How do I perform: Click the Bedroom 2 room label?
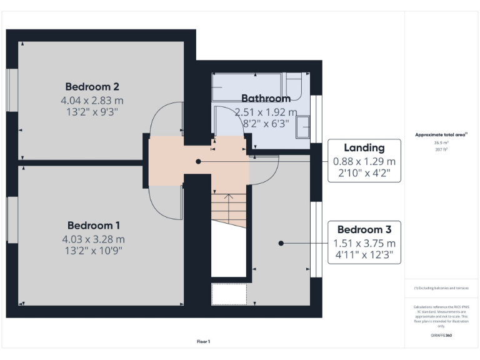(x=92, y=86)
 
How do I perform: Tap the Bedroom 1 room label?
(x=93, y=225)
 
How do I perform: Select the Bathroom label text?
(x=266, y=98)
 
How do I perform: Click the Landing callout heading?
(x=364, y=148)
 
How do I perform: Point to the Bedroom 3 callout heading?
(x=364, y=229)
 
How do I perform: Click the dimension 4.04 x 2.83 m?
(x=92, y=100)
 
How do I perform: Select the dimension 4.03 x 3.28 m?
(x=93, y=239)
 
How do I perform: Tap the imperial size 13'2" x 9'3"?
(x=92, y=112)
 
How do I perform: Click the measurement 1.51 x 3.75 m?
(x=364, y=243)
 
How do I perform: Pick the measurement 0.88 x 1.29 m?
(x=364, y=162)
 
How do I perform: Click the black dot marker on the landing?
(x=198, y=161)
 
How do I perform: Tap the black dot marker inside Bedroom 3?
(x=281, y=243)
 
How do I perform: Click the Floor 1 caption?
(x=203, y=341)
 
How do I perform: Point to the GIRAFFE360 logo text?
(x=441, y=336)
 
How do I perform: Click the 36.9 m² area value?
(x=441, y=143)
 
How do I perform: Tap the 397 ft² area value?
(x=441, y=149)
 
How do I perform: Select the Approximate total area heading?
(x=441, y=134)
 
